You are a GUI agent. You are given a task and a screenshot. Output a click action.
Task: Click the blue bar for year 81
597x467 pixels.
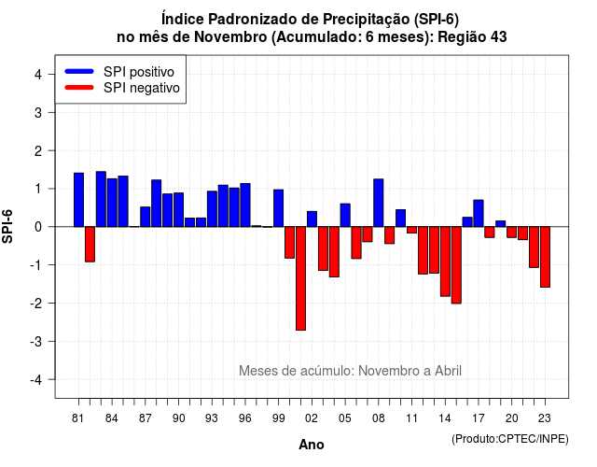tap(78, 200)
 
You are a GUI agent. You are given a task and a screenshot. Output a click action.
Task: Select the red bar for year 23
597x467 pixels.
tap(545, 257)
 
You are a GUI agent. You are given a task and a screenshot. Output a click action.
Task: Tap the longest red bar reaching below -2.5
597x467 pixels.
tap(300, 278)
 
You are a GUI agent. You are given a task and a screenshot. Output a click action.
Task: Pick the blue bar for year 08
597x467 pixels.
tap(379, 203)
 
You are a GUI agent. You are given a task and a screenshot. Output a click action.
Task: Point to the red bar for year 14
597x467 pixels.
tap(445, 262)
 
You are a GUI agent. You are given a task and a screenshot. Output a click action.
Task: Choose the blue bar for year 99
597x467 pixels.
tap(278, 208)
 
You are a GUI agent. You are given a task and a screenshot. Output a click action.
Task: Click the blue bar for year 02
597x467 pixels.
tap(312, 219)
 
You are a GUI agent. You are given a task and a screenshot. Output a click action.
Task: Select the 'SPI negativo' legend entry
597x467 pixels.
tap(122, 88)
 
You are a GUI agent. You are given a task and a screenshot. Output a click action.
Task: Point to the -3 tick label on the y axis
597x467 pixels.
tap(37, 341)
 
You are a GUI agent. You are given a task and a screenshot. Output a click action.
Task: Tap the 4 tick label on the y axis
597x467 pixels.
tap(38, 75)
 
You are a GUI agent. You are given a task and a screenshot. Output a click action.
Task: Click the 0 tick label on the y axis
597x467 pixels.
tap(38, 227)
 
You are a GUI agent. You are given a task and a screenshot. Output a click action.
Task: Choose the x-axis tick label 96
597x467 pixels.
tap(245, 418)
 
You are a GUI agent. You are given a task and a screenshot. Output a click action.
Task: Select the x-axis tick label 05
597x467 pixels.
tap(345, 418)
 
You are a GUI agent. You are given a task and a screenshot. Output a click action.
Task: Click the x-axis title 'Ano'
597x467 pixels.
tap(312, 445)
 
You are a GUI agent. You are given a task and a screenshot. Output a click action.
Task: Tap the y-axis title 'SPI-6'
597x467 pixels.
tap(7, 226)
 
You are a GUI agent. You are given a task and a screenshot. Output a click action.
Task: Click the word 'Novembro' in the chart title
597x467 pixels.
tap(230, 37)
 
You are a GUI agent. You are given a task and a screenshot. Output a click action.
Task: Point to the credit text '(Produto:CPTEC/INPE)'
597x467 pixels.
tap(510, 439)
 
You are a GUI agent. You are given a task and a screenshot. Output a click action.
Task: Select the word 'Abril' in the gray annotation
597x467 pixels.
tap(448, 371)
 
